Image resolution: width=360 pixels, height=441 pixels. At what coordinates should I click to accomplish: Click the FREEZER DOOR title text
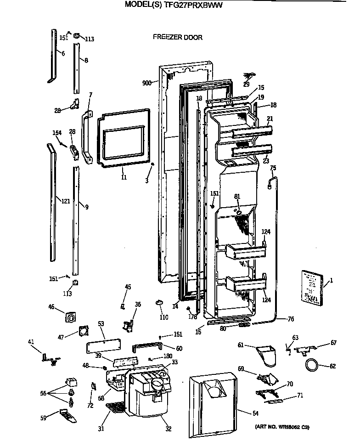[x=177, y=38]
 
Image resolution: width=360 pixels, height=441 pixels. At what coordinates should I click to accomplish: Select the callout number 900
[x=147, y=83]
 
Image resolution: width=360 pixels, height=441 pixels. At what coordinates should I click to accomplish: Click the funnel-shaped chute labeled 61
[x=265, y=356]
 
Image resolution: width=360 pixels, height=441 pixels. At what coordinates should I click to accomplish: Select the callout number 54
[x=255, y=413]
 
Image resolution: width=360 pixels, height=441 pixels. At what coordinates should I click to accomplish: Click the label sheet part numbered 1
[x=312, y=288]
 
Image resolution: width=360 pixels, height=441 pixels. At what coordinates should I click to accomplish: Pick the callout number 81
[x=237, y=196]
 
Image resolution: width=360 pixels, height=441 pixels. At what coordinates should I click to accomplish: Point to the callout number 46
[x=51, y=306]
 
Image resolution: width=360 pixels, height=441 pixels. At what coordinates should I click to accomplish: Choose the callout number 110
[x=164, y=317]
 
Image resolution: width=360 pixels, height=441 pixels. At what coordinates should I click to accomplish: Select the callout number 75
[x=273, y=168]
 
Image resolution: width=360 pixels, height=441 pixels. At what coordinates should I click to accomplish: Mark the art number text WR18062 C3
[x=282, y=427]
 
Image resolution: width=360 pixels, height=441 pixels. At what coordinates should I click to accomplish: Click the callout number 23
[x=266, y=161]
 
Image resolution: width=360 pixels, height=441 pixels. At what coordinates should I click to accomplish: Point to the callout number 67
[x=334, y=343]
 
